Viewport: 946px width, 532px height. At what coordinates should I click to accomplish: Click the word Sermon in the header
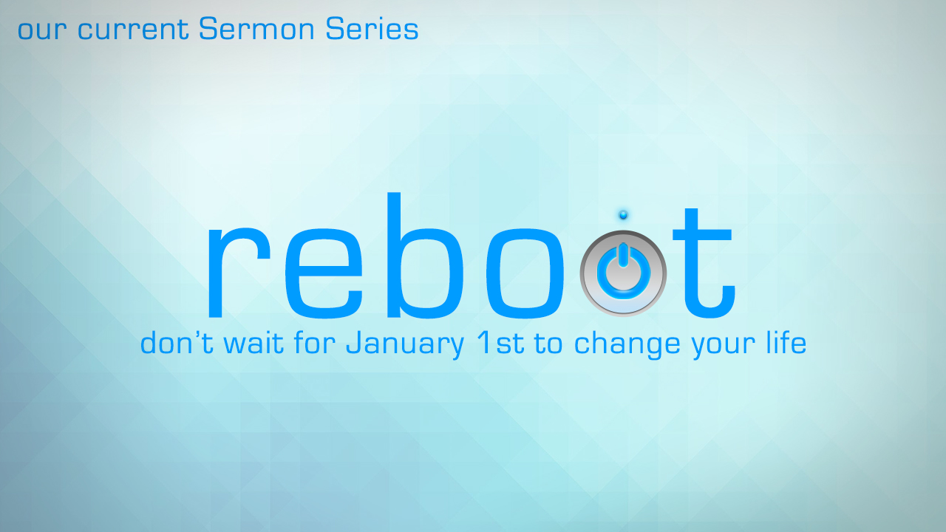click(x=256, y=29)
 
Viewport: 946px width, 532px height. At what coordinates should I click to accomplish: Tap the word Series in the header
click(x=372, y=29)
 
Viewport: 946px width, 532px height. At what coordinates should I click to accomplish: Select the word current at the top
click(x=132, y=30)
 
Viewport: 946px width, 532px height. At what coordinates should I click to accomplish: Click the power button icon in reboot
click(x=623, y=273)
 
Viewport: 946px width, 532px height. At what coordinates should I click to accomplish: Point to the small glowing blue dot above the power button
click(x=623, y=215)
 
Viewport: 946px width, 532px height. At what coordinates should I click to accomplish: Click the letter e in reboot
click(x=324, y=273)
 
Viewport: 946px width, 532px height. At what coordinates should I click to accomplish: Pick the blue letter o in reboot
click(x=525, y=273)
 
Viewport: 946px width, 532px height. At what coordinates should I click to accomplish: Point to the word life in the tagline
click(x=786, y=341)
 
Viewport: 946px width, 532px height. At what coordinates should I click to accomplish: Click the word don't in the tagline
click(x=177, y=341)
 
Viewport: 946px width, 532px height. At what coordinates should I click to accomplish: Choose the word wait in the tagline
click(x=253, y=342)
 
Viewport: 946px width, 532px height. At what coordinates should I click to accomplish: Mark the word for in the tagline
click(x=315, y=341)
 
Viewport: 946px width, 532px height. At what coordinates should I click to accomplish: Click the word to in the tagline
click(x=548, y=344)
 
